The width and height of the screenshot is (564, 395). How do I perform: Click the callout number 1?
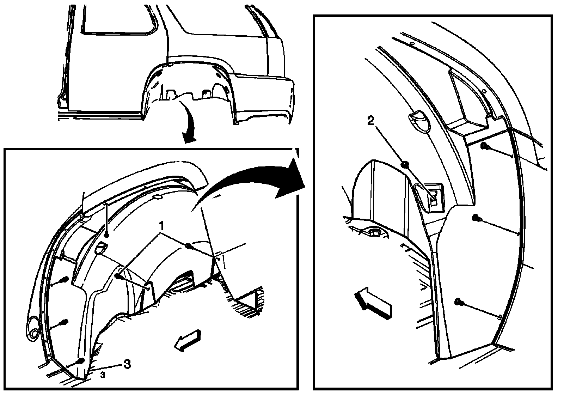pyautogui.click(x=161, y=225)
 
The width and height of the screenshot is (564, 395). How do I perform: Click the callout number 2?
pyautogui.click(x=370, y=121)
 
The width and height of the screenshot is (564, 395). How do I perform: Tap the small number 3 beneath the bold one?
pyautogui.click(x=103, y=375)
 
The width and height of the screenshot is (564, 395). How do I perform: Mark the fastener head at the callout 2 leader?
pyautogui.click(x=405, y=164)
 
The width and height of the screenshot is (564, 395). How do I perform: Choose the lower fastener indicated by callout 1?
pyautogui.click(x=118, y=276)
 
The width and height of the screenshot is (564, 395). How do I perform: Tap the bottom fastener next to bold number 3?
pyautogui.click(x=81, y=361)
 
